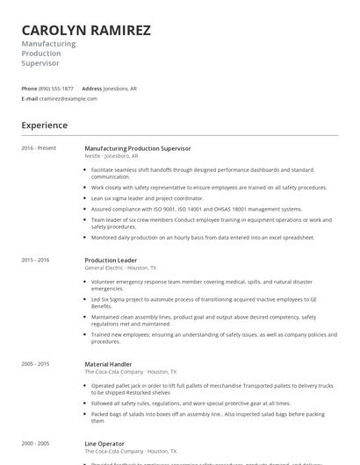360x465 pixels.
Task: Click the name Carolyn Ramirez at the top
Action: pyautogui.click(x=86, y=31)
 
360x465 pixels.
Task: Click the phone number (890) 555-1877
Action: pyautogui.click(x=57, y=89)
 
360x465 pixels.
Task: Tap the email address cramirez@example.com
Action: pyautogui.click(x=68, y=99)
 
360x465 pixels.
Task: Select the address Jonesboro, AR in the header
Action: pyautogui.click(x=120, y=89)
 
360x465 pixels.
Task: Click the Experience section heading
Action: pyautogui.click(x=45, y=125)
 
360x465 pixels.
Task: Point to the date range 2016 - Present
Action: pyautogui.click(x=39, y=148)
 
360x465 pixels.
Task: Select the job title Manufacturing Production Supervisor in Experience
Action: pyautogui.click(x=138, y=148)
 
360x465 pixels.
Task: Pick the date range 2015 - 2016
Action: pyautogui.click(x=35, y=260)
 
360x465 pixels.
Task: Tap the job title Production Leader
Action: pyautogui.click(x=112, y=260)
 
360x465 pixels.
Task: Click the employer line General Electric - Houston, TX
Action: pyautogui.click(x=120, y=268)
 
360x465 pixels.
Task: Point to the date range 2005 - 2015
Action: pyautogui.click(x=35, y=363)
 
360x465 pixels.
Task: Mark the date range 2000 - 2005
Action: pyautogui.click(x=35, y=443)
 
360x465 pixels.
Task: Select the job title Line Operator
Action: pyautogui.click(x=104, y=443)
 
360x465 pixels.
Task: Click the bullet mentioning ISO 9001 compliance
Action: pyautogui.click(x=197, y=209)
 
